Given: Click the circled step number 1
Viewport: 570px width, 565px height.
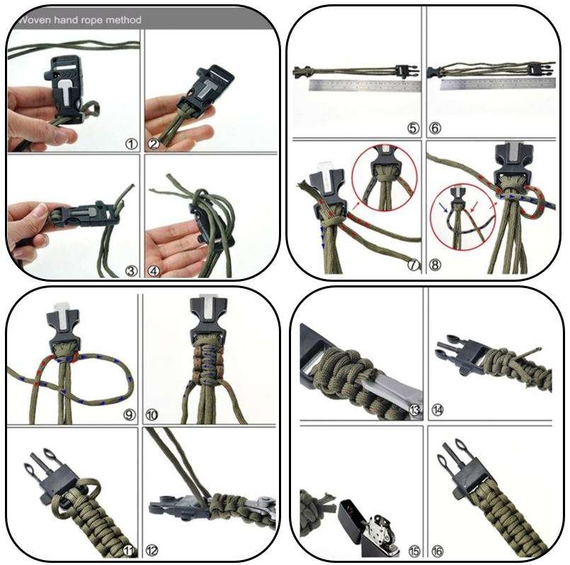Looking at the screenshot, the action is (x=132, y=144).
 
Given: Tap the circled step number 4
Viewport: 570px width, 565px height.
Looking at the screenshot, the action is (x=154, y=271).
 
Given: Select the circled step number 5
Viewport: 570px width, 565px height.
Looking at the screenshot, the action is (x=413, y=128).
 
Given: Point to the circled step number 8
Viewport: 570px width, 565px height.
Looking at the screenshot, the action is (x=435, y=265).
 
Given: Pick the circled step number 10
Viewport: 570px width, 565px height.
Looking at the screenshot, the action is (x=152, y=414).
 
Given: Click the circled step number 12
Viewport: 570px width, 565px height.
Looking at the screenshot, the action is (x=152, y=550).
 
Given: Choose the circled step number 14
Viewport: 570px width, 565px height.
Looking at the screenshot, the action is (x=438, y=410).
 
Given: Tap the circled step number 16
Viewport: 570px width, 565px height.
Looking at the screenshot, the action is (x=438, y=551).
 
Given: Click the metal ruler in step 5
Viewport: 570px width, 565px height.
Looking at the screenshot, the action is (x=365, y=86).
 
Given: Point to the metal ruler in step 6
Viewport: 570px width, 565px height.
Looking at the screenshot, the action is (x=498, y=84).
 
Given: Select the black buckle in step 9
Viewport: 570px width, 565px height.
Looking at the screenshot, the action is (x=64, y=327).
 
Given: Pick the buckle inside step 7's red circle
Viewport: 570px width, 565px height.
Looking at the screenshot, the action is (x=385, y=160).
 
